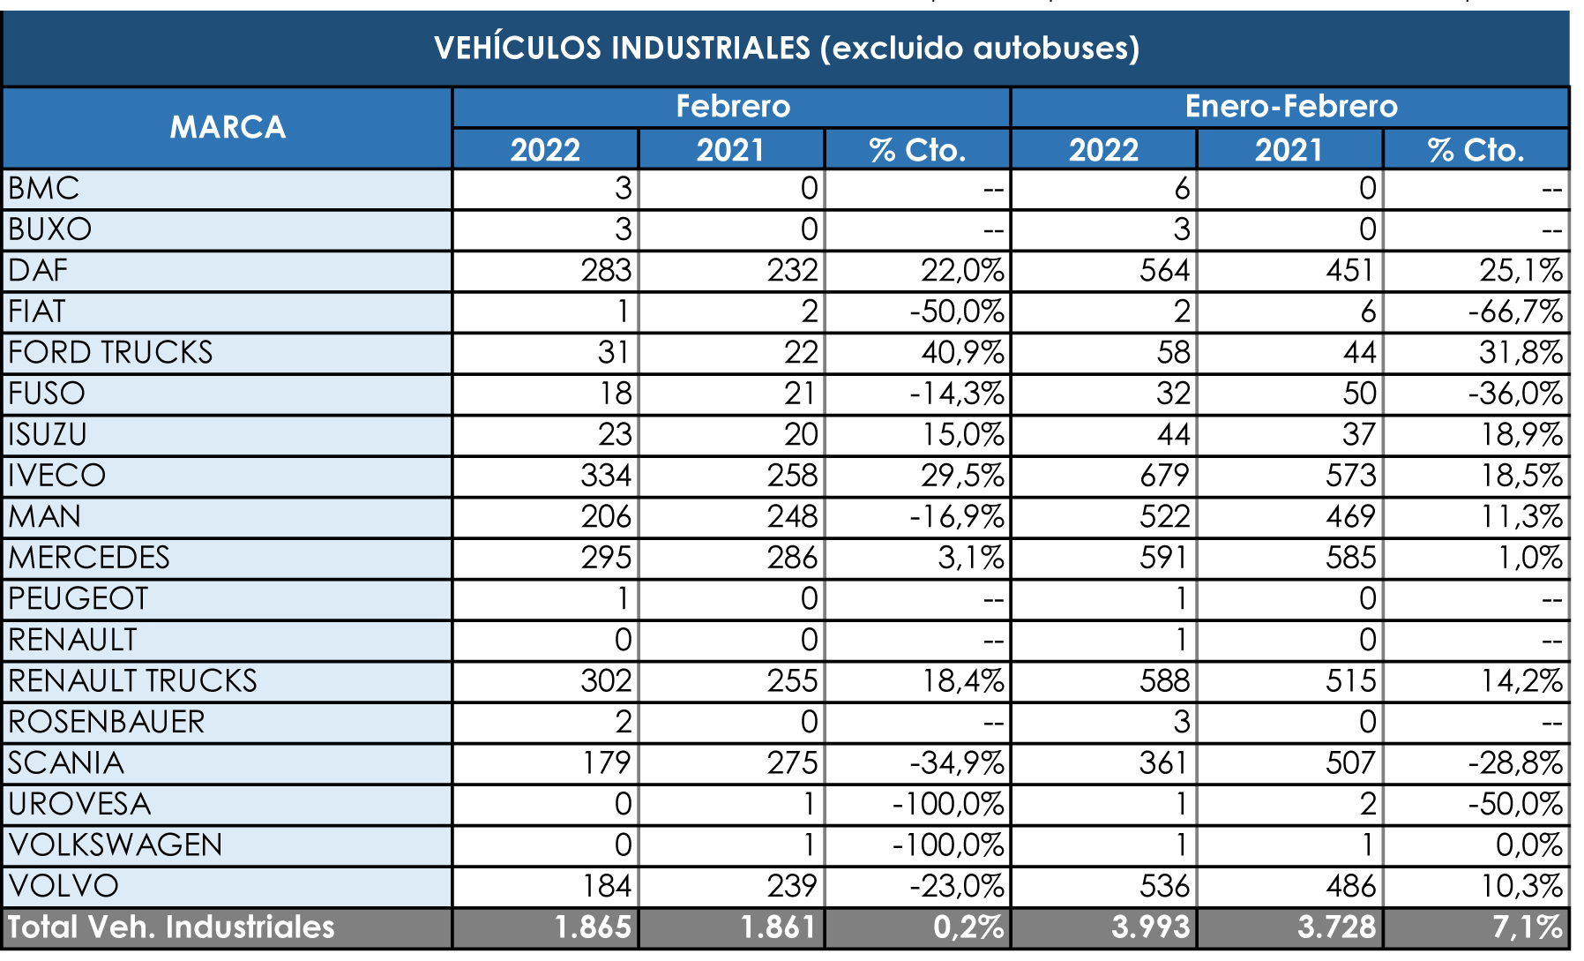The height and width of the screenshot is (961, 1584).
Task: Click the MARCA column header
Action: point(228,127)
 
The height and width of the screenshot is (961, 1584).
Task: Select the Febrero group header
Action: point(732,107)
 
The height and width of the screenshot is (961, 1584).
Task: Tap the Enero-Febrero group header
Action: point(1290,107)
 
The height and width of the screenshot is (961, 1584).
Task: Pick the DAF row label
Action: point(39,271)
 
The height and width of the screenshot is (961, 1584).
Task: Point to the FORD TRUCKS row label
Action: point(110,353)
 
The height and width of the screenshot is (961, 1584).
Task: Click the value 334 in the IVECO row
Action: point(606,476)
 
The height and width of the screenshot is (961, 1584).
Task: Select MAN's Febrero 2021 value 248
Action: point(792,517)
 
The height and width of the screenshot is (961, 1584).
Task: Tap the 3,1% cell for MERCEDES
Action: point(970,558)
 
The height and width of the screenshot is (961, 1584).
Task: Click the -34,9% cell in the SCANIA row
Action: point(956,763)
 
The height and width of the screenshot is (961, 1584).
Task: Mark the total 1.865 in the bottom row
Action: point(593,927)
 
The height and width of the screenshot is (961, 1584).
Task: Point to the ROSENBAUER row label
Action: point(107,723)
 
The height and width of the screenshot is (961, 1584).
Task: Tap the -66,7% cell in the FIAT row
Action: point(1514,312)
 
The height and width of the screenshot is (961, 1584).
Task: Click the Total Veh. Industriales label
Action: point(171,927)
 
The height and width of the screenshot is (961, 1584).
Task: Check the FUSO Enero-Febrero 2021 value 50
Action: point(1359,394)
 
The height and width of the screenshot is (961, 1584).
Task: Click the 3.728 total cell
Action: point(1336,927)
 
